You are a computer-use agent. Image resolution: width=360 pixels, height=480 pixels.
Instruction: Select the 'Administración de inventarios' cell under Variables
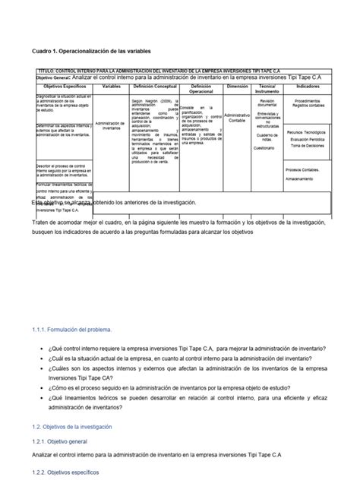[111, 126]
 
